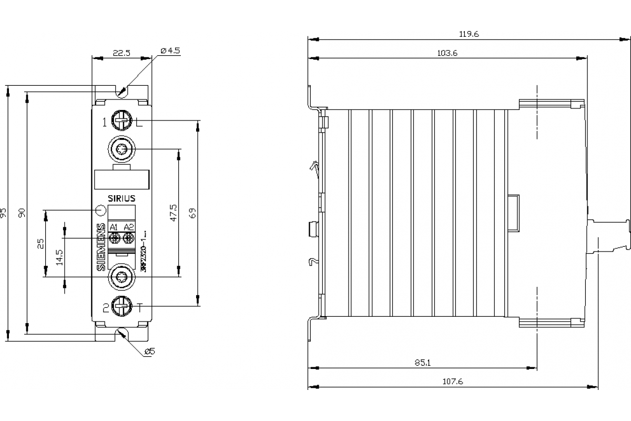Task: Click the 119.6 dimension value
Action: (469, 34)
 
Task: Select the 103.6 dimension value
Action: (447, 53)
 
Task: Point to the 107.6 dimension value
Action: (453, 382)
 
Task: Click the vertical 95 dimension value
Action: (4, 213)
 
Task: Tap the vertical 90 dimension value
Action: (22, 213)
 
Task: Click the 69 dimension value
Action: (192, 213)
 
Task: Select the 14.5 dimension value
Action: (59, 256)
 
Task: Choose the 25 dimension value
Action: (41, 244)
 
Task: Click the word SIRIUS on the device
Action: (121, 198)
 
